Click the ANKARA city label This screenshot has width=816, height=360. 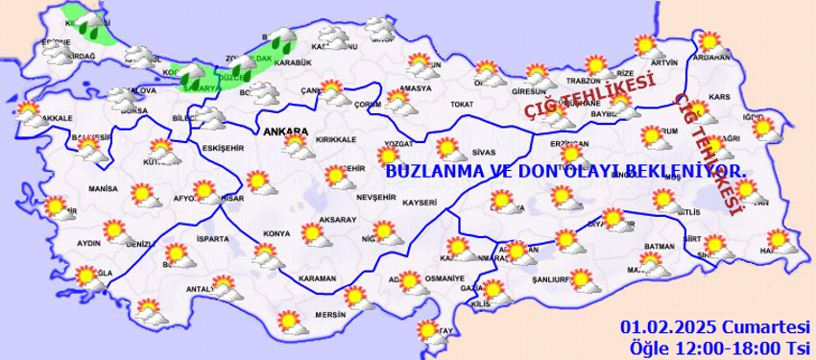click(284, 132)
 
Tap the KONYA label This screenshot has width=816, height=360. click(276, 233)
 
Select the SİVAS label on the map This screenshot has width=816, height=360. click(483, 152)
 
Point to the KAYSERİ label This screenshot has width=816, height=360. click(420, 203)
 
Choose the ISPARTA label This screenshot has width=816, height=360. click(212, 238)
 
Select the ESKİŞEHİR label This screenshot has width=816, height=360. click(198, 149)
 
